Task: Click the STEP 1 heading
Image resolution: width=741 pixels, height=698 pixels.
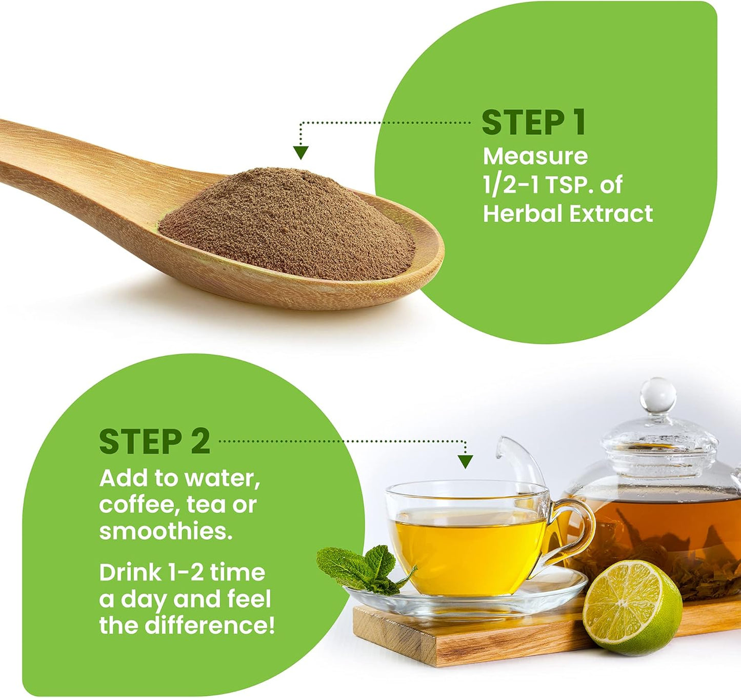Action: point(533,123)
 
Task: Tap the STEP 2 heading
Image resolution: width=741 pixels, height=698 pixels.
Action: point(154,441)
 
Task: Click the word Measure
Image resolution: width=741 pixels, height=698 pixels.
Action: point(535,157)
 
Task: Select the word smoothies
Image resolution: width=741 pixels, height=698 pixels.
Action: point(165,531)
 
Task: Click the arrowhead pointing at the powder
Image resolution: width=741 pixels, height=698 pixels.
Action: point(301,152)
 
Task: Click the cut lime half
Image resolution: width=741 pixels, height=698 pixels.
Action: point(632,607)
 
